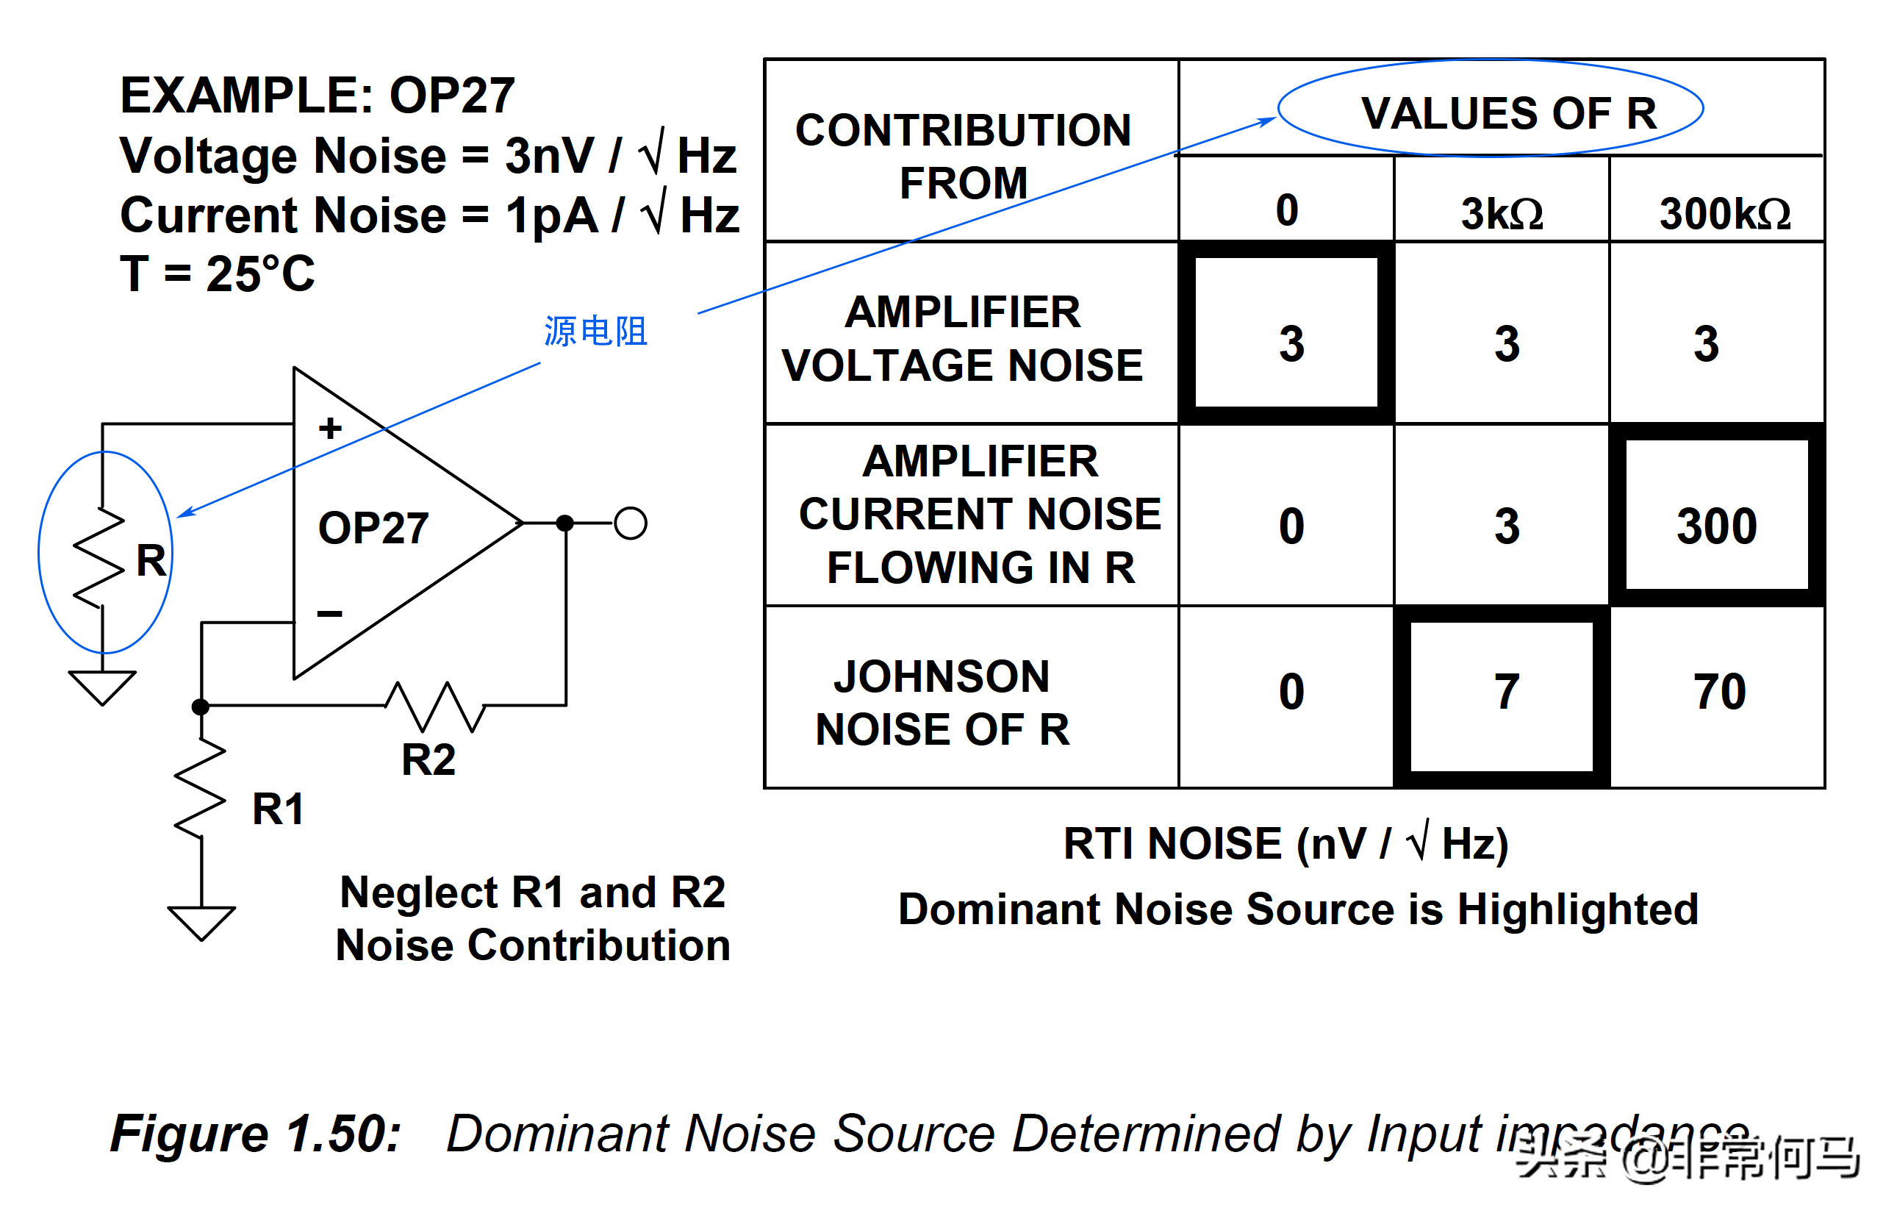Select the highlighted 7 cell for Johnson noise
click(x=1506, y=692)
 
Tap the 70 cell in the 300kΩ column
click(x=1718, y=692)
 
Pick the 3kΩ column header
click(x=1502, y=213)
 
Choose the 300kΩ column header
click(x=1724, y=213)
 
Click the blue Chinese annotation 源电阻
click(x=595, y=331)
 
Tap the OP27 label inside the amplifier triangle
click(x=373, y=527)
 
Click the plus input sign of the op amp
click(x=330, y=429)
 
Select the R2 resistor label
click(x=428, y=759)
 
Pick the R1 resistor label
click(x=277, y=809)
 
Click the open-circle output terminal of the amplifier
click(x=630, y=523)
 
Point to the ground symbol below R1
click(x=201, y=922)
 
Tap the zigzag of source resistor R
click(x=99, y=557)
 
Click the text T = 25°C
click(x=217, y=274)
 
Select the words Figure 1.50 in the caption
click(x=256, y=1133)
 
